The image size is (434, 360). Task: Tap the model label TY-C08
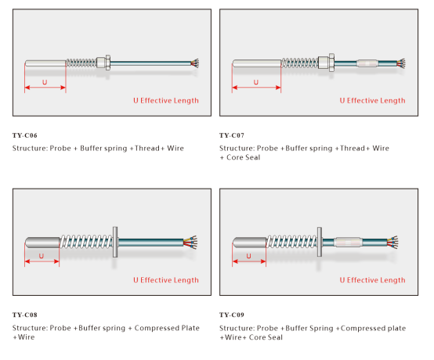24,315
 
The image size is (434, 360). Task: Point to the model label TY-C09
231,315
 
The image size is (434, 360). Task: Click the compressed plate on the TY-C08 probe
115,239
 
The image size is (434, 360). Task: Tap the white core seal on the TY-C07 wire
369,62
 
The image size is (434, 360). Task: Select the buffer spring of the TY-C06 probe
81,61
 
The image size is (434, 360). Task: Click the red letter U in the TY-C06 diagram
45,81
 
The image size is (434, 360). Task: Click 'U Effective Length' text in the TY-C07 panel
372,100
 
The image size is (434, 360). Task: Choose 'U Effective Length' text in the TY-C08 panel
165,279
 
